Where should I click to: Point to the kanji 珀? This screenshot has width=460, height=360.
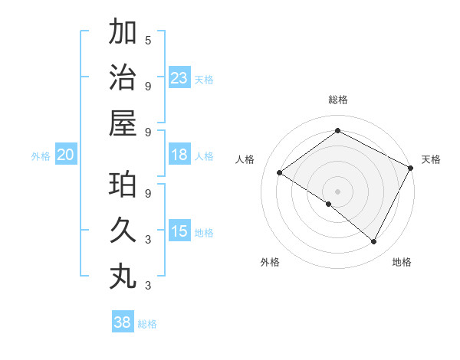pyautogui.click(x=123, y=185)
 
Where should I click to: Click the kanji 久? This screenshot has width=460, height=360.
pyautogui.click(x=123, y=230)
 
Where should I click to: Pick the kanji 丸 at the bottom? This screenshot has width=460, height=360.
pyautogui.click(x=123, y=276)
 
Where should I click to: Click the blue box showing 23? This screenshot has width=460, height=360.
pyautogui.click(x=179, y=78)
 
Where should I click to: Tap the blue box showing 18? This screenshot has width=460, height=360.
pyautogui.click(x=179, y=155)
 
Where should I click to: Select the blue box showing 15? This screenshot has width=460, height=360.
pyautogui.click(x=179, y=232)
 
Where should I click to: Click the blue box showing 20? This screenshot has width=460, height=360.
pyautogui.click(x=65, y=155)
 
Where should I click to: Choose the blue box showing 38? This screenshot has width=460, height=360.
pyautogui.click(x=122, y=322)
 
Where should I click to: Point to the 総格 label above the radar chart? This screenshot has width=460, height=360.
pyautogui.click(x=337, y=100)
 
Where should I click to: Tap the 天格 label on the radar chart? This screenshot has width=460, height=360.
pyautogui.click(x=431, y=159)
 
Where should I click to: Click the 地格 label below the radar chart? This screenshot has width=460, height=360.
pyautogui.click(x=402, y=262)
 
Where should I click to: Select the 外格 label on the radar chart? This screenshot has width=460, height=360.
pyautogui.click(x=270, y=262)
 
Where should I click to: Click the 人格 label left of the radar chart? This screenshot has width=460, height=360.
pyautogui.click(x=245, y=159)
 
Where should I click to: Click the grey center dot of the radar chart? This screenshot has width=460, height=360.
pyautogui.click(x=337, y=191)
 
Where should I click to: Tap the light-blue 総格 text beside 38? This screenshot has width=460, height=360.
pyautogui.click(x=147, y=324)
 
